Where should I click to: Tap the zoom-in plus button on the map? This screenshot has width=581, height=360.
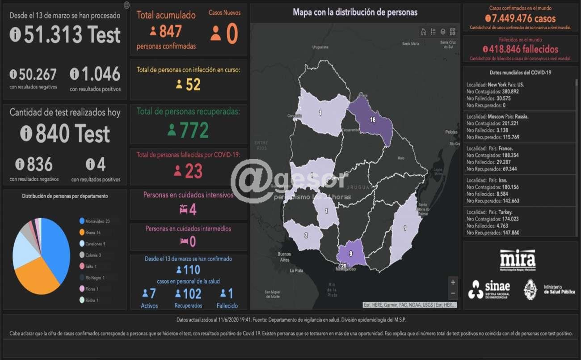click(x=453, y=282)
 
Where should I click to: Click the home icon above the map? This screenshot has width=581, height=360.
click(x=423, y=32)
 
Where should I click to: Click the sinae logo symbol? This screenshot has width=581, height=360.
click(x=476, y=289)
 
